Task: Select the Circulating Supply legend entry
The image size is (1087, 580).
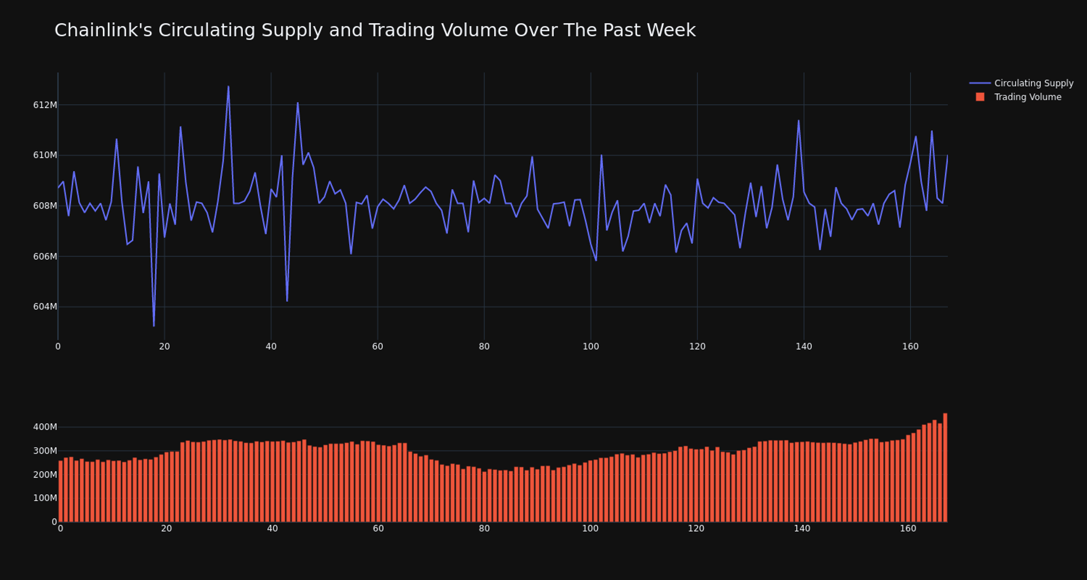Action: pyautogui.click(x=1033, y=83)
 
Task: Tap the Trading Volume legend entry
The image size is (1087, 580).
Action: pyautogui.click(x=1027, y=97)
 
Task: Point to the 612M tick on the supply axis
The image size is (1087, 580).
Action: pyautogui.click(x=45, y=105)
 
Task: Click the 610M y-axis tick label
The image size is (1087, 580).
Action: pyautogui.click(x=45, y=155)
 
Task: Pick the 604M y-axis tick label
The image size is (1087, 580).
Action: pyautogui.click(x=45, y=306)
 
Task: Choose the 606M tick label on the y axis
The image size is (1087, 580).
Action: pyautogui.click(x=45, y=257)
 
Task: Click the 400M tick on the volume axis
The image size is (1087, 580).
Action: pyautogui.click(x=45, y=427)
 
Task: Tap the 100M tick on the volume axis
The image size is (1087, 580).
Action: pyautogui.click(x=45, y=498)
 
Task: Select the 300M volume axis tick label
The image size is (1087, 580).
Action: pyautogui.click(x=45, y=451)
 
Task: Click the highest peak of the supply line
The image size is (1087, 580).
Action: pyautogui.click(x=228, y=87)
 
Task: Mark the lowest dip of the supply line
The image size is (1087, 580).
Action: pyautogui.click(x=154, y=326)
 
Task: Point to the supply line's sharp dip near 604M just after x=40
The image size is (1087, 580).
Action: pyautogui.click(x=287, y=301)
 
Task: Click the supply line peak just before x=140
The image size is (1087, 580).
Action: pyautogui.click(x=799, y=121)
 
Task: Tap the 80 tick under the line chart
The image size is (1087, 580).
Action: pyautogui.click(x=484, y=346)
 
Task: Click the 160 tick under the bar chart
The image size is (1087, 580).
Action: pyautogui.click(x=908, y=528)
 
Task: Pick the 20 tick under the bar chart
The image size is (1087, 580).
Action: pyautogui.click(x=166, y=528)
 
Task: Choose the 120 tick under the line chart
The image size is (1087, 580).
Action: pyautogui.click(x=697, y=346)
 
